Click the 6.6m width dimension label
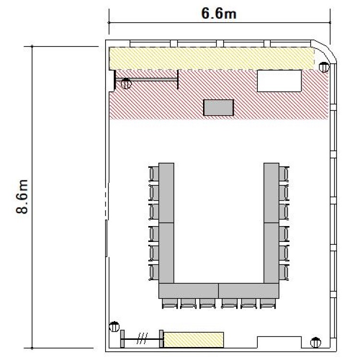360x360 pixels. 219,13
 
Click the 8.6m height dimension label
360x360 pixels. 22,197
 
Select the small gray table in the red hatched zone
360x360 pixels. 218,108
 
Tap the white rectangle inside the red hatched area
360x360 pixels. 279,81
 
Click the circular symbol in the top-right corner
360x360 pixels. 324,67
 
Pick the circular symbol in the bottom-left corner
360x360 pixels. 114,326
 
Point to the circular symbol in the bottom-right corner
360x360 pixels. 316,343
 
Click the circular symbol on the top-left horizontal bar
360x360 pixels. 126,84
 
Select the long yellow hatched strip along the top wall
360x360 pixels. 212,58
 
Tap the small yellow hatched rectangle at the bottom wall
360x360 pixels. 194,339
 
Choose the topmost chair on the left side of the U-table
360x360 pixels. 154,174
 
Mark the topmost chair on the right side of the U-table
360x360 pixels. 284,174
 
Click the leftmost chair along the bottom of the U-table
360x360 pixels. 170,303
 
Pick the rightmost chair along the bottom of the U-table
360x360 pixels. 268,303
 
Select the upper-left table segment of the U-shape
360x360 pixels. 166,193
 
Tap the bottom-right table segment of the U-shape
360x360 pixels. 249,291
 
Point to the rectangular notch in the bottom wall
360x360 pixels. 279,343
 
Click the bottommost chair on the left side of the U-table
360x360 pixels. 154,272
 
